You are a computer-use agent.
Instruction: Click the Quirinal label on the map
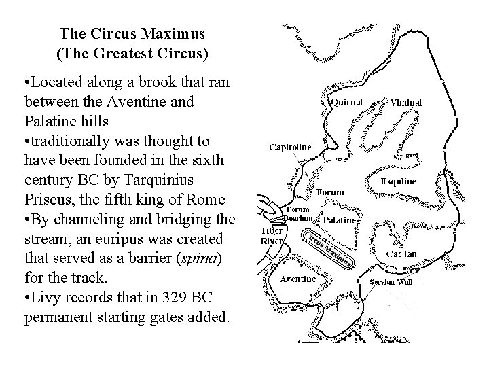pyautogui.click(x=346, y=102)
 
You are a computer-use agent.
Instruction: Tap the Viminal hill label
pyautogui.click(x=406, y=103)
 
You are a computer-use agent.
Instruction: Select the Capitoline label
pyautogui.click(x=291, y=146)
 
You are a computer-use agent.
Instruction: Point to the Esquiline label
pyautogui.click(x=397, y=182)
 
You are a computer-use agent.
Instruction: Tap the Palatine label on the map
pyautogui.click(x=337, y=220)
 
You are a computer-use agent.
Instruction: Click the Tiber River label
pyautogui.click(x=272, y=235)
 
